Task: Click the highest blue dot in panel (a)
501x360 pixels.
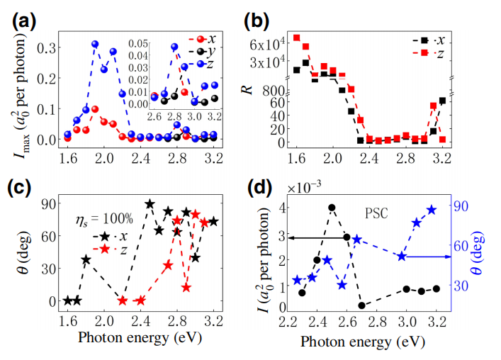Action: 94,44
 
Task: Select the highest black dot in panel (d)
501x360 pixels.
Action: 332,208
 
